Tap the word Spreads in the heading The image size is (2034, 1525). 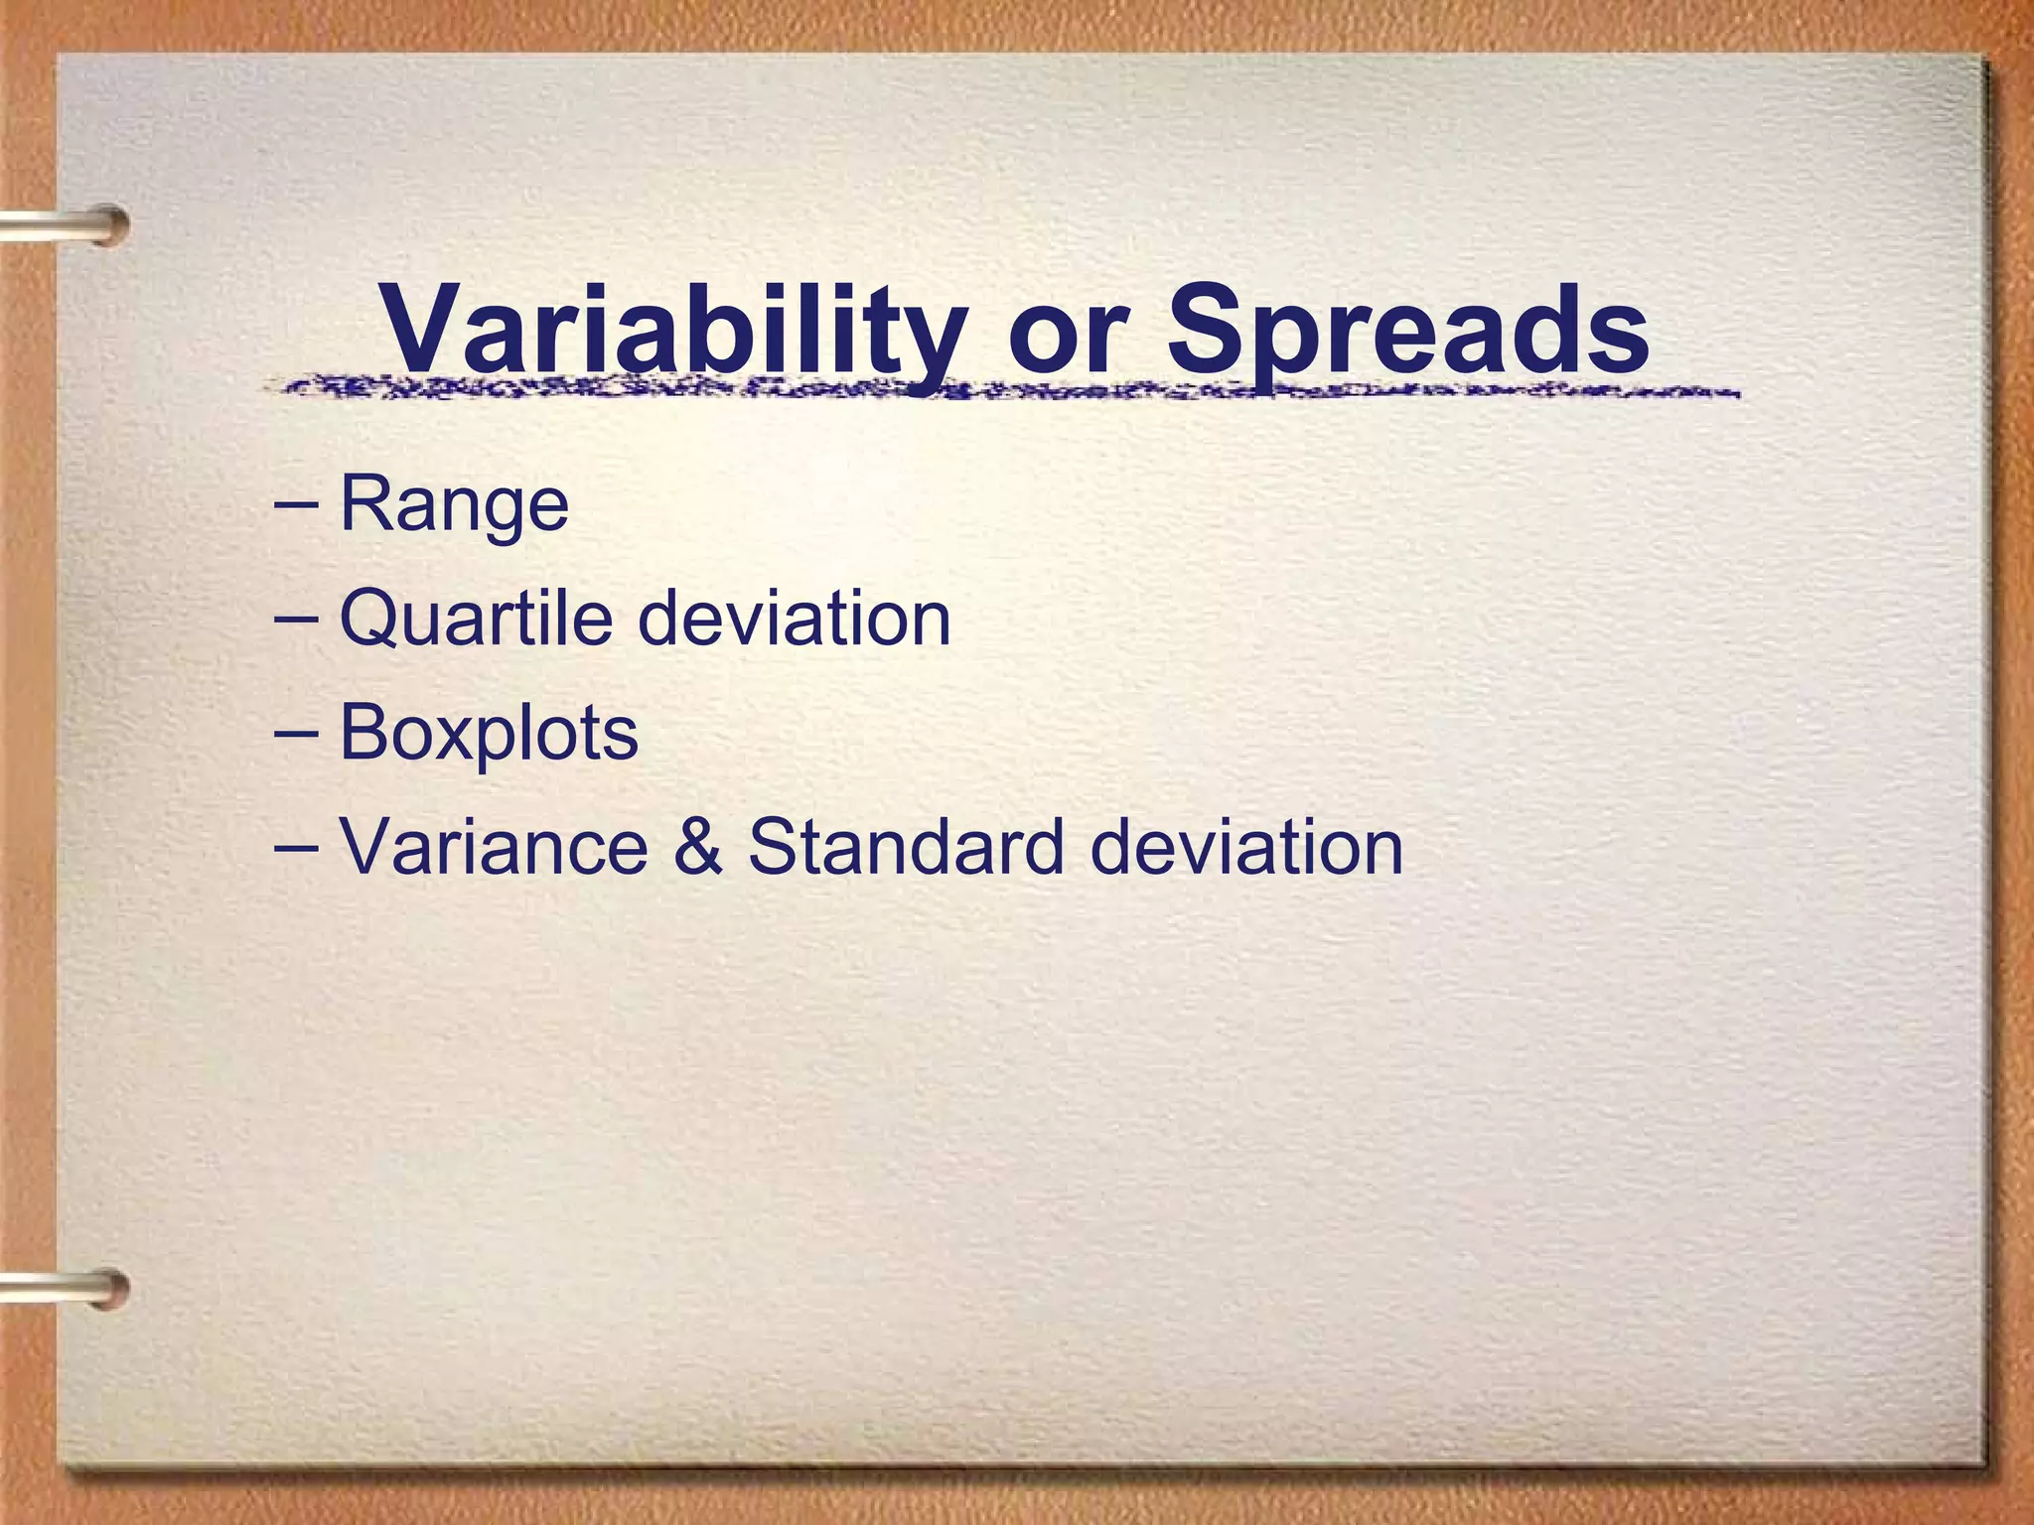[x=1407, y=330]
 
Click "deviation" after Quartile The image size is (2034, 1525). [x=794, y=619]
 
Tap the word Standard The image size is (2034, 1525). [x=907, y=847]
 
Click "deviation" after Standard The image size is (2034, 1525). [x=1246, y=847]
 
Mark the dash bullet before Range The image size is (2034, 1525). [x=295, y=504]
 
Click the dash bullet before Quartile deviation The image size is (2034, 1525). [x=295, y=619]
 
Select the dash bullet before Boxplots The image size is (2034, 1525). [x=295, y=733]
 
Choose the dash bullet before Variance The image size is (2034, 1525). [x=295, y=847]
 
